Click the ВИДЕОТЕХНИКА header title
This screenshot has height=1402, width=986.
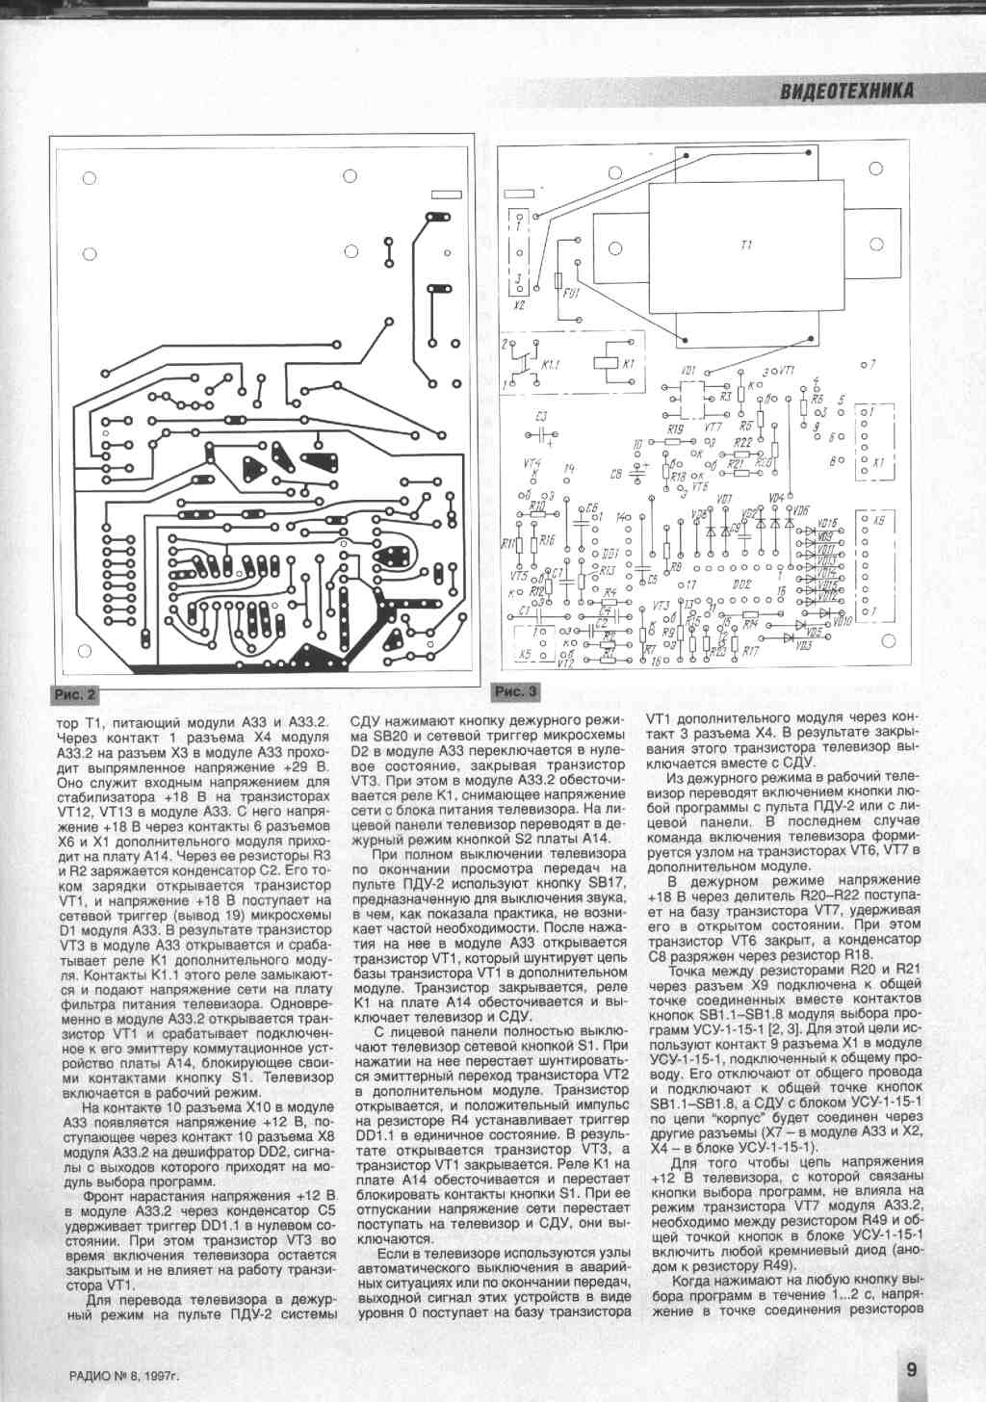point(846,91)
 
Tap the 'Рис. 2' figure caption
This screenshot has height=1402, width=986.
point(75,694)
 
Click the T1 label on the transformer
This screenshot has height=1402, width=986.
point(745,247)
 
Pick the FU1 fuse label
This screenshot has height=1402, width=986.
point(572,293)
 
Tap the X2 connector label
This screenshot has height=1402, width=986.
point(519,304)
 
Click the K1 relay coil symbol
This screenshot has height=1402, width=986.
point(603,363)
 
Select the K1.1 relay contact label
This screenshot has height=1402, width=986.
point(551,367)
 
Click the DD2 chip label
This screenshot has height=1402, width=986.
point(741,584)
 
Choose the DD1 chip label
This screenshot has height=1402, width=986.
point(609,554)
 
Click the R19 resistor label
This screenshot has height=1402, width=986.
point(675,429)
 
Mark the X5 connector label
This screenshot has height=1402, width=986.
point(526,655)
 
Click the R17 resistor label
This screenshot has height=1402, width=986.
point(750,652)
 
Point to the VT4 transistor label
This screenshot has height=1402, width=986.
point(532,464)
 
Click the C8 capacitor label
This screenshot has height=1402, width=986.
point(616,475)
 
